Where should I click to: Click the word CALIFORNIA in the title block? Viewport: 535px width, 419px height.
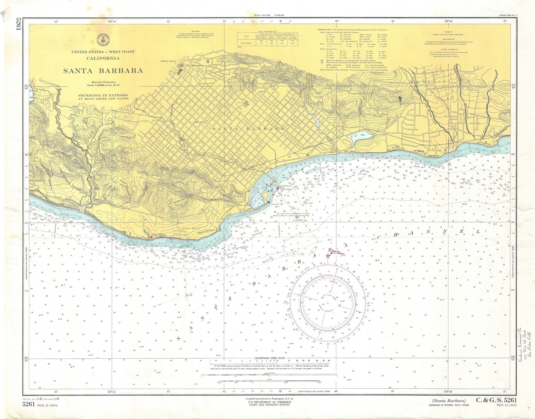coord(103,59)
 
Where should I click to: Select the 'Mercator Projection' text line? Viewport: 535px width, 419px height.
coord(103,82)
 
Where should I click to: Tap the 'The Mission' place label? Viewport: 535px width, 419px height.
coord(194,66)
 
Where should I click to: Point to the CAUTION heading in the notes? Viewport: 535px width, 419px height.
coord(195,31)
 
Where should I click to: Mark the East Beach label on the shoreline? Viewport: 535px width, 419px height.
coord(350,152)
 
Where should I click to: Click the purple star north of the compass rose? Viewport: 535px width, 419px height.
coord(328,256)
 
